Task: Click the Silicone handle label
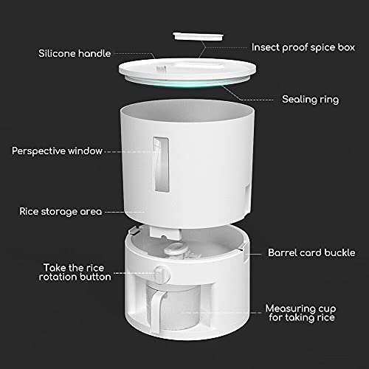(x=75, y=53)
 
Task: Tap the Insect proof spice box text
(x=303, y=47)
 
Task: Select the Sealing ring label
(x=310, y=100)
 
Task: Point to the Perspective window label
(x=57, y=151)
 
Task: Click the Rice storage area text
(x=61, y=212)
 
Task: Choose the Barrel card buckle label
(x=311, y=252)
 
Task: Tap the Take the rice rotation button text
(x=75, y=272)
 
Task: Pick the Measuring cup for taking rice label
(x=301, y=313)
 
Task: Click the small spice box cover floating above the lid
(x=198, y=36)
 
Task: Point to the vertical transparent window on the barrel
(x=161, y=165)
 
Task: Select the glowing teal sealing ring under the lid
(x=187, y=83)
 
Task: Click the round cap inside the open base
(x=176, y=249)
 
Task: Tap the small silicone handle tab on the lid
(x=161, y=69)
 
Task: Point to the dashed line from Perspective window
(x=131, y=152)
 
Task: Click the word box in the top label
(x=346, y=47)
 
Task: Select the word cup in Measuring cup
(x=327, y=308)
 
